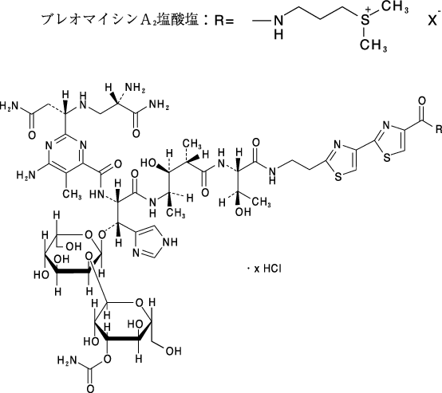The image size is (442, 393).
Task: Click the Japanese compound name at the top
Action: click(x=120, y=20)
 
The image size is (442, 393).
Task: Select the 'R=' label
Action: click(x=224, y=21)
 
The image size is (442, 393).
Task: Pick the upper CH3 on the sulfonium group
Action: click(x=395, y=6)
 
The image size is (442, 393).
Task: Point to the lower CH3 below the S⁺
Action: click(x=373, y=45)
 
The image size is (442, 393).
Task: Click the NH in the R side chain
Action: click(x=278, y=27)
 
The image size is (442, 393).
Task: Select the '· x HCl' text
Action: click(x=264, y=269)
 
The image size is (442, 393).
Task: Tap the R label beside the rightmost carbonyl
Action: click(x=439, y=129)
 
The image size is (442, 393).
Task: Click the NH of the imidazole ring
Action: click(x=170, y=242)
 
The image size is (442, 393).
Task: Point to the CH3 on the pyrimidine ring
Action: click(x=73, y=194)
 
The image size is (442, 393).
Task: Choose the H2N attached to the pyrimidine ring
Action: click(x=26, y=175)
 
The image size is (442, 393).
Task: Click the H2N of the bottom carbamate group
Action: click(x=67, y=360)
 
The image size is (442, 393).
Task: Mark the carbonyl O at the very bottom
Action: click(x=90, y=388)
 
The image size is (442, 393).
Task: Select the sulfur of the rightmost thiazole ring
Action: click(x=387, y=158)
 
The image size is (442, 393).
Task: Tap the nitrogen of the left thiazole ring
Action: click(x=337, y=145)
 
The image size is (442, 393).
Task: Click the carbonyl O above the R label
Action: click(x=422, y=101)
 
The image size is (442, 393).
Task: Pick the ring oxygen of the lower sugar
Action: click(x=139, y=303)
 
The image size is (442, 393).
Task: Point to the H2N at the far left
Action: click(x=9, y=106)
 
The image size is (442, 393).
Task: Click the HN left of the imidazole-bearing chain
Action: click(x=97, y=194)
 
